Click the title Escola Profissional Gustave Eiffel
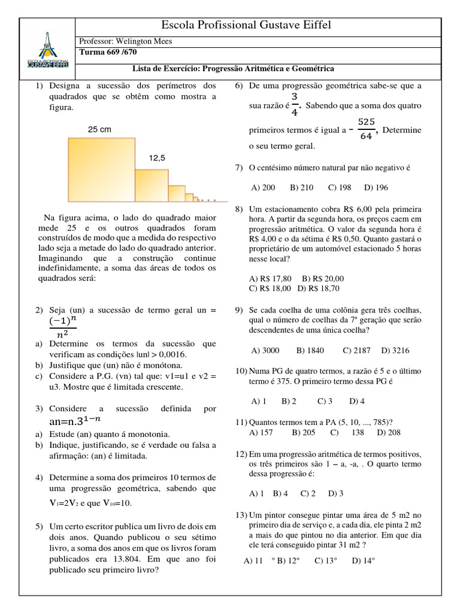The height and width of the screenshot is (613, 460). pyautogui.click(x=246, y=25)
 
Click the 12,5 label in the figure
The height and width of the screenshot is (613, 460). pyautogui.click(x=157, y=158)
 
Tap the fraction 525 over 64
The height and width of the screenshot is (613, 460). pyautogui.click(x=366, y=129)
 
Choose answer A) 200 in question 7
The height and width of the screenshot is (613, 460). pyautogui.click(x=264, y=187)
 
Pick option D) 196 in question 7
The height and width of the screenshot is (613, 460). pyautogui.click(x=376, y=187)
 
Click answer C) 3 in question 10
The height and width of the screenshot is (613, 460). pyautogui.click(x=325, y=400)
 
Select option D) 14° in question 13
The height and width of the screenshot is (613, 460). pyautogui.click(x=364, y=560)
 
